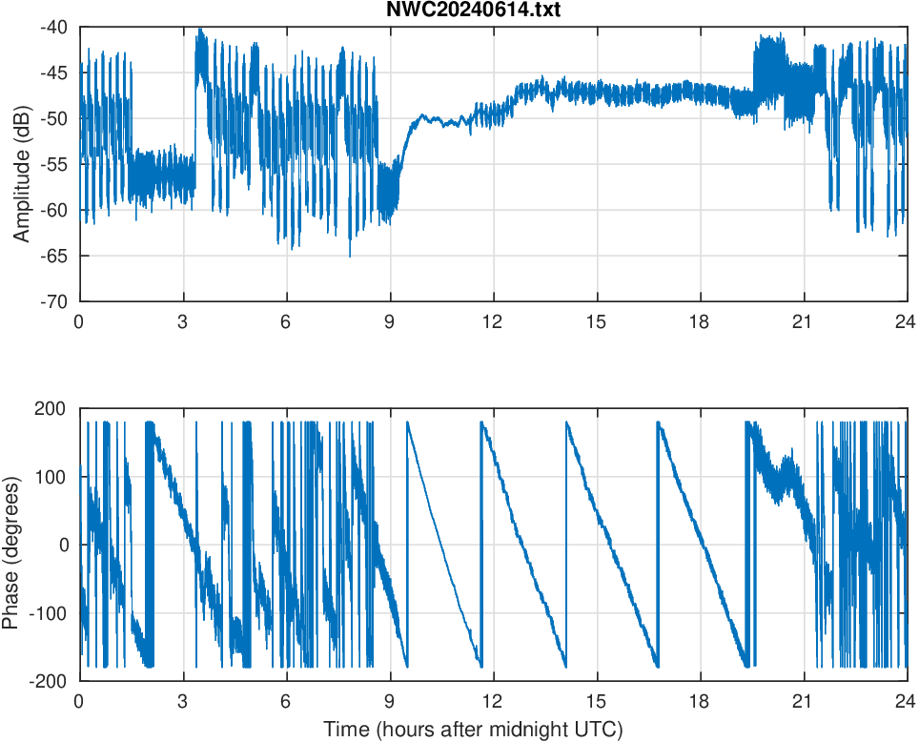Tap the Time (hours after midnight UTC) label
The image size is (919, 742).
point(473,730)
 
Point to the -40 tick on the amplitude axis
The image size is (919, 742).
point(53,28)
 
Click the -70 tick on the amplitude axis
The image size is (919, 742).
point(53,301)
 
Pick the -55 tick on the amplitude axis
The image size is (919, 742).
point(53,164)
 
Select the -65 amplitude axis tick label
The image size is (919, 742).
point(53,256)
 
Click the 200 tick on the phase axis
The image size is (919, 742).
point(51,409)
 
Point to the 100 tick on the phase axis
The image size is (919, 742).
point(51,477)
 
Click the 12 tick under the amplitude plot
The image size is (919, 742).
point(493,321)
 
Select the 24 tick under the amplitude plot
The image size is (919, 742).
point(906,321)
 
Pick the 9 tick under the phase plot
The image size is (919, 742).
point(390,701)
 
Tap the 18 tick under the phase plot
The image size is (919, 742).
point(700,701)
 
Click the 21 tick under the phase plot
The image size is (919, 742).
point(803,701)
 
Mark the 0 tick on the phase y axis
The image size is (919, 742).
point(62,546)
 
